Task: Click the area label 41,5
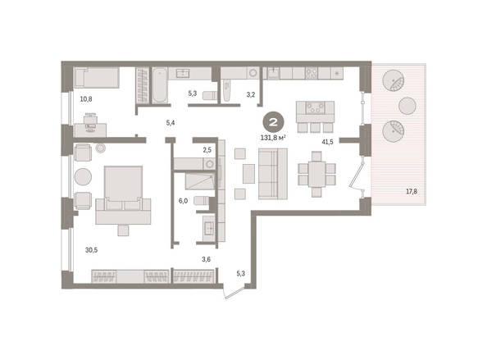pyautogui.click(x=327, y=142)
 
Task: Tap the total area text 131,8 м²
pyautogui.click(x=273, y=138)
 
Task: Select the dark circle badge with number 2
pyautogui.click(x=273, y=121)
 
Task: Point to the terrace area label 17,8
pyautogui.click(x=412, y=191)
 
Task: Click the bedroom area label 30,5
pyautogui.click(x=91, y=250)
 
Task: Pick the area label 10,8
pyautogui.click(x=86, y=99)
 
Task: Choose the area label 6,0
pyautogui.click(x=183, y=201)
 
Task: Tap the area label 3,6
pyautogui.click(x=207, y=259)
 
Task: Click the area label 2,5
pyautogui.click(x=207, y=150)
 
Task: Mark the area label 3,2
pyautogui.click(x=251, y=95)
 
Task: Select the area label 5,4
pyautogui.click(x=171, y=123)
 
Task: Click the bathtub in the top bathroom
pyautogui.click(x=160, y=84)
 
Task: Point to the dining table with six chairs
pyautogui.click(x=316, y=174)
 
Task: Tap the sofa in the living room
pyautogui.click(x=273, y=174)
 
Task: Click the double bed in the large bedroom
pyautogui.click(x=123, y=194)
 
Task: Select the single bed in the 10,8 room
pyautogui.click(x=97, y=78)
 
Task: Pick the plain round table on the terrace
pyautogui.click(x=407, y=106)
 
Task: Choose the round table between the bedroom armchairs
pyautogui.click(x=83, y=177)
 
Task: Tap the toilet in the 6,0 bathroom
pyautogui.click(x=201, y=200)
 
